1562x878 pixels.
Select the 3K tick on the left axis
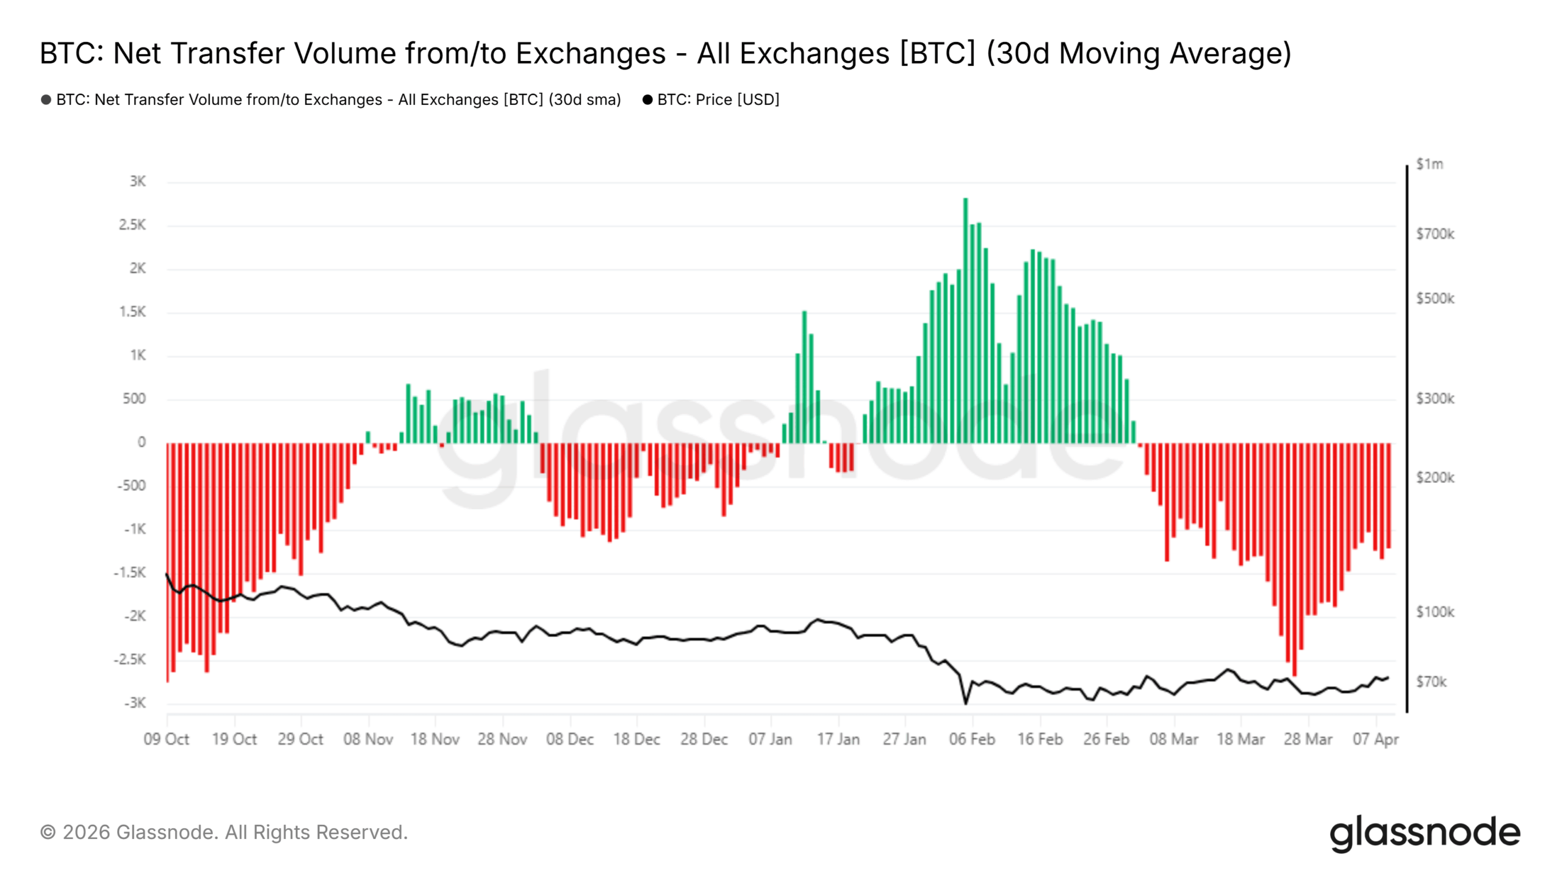click(137, 181)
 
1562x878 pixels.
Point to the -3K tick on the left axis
click(135, 703)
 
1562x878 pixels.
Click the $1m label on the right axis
click(1430, 164)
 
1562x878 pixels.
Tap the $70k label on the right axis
click(1431, 682)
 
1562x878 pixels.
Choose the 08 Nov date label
click(368, 739)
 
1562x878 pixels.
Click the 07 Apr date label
click(1375, 739)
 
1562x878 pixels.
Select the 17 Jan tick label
click(838, 739)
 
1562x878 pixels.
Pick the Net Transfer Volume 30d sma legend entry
click(338, 99)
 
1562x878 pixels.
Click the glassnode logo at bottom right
click(1425, 833)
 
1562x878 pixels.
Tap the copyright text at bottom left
click(224, 832)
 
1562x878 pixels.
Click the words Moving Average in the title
click(1175, 53)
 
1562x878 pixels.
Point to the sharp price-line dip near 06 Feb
click(965, 703)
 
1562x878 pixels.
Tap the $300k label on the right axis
click(1435, 399)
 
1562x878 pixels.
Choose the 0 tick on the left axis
click(142, 442)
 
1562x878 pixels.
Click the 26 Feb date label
click(1106, 739)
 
